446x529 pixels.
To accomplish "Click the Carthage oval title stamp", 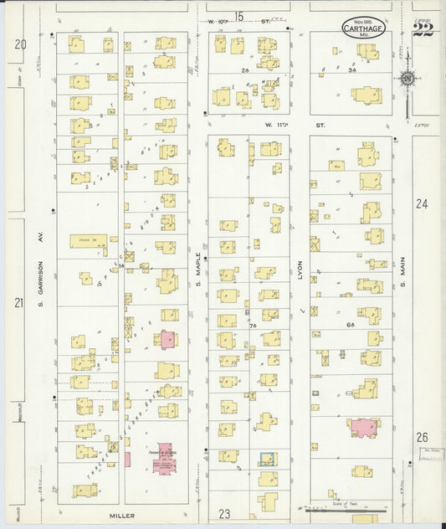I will [x=364, y=28].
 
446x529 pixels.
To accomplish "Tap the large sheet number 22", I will [x=423, y=29].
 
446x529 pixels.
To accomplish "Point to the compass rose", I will [x=408, y=80].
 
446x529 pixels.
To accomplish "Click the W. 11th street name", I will [x=295, y=125].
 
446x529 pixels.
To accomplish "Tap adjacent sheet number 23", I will [x=224, y=513].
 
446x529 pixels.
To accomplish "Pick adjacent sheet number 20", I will [x=20, y=44].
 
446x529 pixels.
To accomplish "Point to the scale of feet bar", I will [x=343, y=510].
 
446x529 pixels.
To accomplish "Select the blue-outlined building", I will [x=267, y=460].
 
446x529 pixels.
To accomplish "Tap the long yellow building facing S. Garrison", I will [x=88, y=240].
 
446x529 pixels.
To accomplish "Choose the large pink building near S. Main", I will [x=363, y=428].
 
